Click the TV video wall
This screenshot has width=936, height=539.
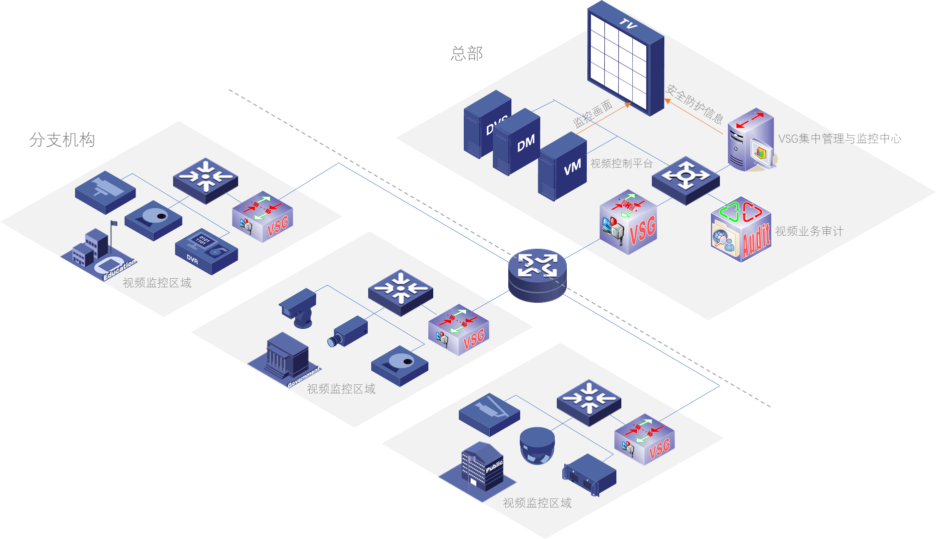click(625, 58)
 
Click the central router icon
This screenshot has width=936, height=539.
click(537, 275)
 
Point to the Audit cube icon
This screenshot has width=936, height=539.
click(741, 230)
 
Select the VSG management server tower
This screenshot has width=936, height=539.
click(750, 140)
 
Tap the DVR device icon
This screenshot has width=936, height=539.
click(206, 251)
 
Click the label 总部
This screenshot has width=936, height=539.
click(467, 54)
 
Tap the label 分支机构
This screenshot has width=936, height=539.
click(62, 140)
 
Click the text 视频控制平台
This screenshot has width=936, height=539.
click(621, 164)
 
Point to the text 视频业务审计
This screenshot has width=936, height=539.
click(809, 231)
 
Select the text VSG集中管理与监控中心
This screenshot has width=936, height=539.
click(839, 139)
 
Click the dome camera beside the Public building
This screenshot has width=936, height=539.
click(537, 445)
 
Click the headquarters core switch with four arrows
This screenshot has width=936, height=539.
click(685, 180)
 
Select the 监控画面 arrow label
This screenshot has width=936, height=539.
click(592, 115)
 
